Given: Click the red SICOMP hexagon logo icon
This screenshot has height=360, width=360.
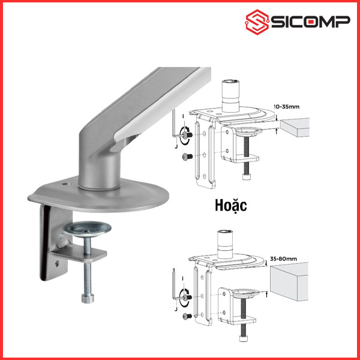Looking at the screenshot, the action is click(x=257, y=22).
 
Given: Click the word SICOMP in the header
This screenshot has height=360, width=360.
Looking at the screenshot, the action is click(x=311, y=22).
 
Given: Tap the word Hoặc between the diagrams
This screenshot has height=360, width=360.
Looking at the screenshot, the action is click(x=231, y=206).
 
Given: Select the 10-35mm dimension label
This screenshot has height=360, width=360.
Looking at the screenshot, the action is click(x=286, y=107).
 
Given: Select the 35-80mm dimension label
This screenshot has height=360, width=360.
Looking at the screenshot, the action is click(x=283, y=259).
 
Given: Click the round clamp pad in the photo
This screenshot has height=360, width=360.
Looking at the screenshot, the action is click(x=87, y=229).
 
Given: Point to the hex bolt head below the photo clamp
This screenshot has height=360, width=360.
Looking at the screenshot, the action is click(x=88, y=298).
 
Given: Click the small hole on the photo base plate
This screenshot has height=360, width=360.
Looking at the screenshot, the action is click(x=66, y=184).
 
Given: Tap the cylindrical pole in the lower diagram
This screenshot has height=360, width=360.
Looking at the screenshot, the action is click(x=225, y=244).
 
